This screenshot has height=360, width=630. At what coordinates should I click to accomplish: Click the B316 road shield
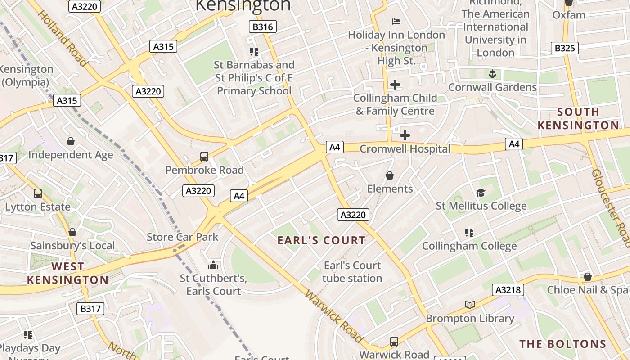(x=262, y=27)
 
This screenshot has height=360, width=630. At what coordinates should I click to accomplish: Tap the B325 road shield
(x=564, y=48)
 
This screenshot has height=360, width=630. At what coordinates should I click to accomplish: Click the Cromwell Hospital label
(x=405, y=148)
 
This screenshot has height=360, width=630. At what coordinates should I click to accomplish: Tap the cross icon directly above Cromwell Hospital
(x=405, y=135)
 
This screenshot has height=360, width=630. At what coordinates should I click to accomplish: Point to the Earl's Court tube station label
(x=352, y=272)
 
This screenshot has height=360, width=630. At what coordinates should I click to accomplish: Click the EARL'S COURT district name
(x=321, y=240)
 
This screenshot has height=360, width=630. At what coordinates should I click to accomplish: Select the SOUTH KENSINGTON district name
(x=578, y=118)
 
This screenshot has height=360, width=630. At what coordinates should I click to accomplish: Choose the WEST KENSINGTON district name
(x=67, y=273)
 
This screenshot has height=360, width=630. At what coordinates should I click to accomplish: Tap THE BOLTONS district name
(x=563, y=344)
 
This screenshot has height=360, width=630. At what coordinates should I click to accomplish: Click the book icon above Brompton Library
(x=470, y=305)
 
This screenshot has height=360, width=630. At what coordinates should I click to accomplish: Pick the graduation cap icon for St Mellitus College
(x=481, y=193)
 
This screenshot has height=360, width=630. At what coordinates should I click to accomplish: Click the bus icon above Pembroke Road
(x=204, y=157)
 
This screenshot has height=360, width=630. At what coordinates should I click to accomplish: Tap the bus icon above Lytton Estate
(x=38, y=193)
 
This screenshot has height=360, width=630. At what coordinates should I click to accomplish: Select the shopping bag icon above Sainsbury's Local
(x=72, y=232)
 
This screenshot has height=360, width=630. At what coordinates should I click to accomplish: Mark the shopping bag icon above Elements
(x=390, y=175)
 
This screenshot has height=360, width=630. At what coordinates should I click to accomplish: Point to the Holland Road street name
(x=62, y=38)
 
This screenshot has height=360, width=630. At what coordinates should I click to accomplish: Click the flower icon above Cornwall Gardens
(x=492, y=73)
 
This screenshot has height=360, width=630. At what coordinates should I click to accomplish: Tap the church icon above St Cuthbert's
(x=213, y=265)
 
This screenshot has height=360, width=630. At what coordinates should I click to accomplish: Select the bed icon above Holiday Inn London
(x=396, y=21)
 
